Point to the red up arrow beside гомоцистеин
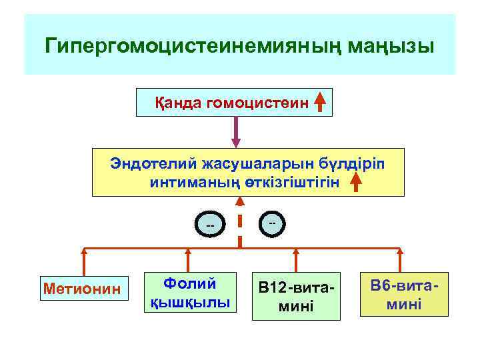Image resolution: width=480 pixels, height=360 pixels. (x=320, y=103)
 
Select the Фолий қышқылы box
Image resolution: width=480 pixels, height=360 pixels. (x=187, y=293)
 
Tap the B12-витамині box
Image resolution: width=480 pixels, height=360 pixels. (x=296, y=296)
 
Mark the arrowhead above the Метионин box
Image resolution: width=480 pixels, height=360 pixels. (x=84, y=253)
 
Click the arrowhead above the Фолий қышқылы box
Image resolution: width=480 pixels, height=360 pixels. (x=188, y=253)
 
